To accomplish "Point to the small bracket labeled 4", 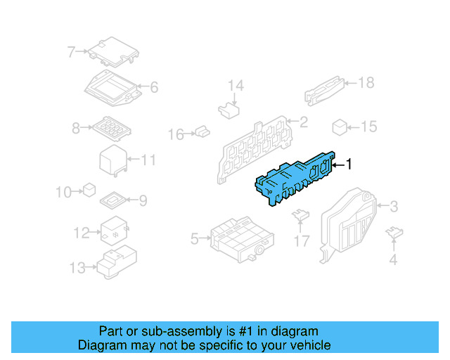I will point(395,233).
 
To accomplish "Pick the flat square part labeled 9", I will point(113,200).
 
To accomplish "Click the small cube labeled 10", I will point(89,190).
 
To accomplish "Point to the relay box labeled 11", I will point(112,160).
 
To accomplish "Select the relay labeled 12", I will point(112,231).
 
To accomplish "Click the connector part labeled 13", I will point(116,264).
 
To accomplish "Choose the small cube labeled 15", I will point(340,127).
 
